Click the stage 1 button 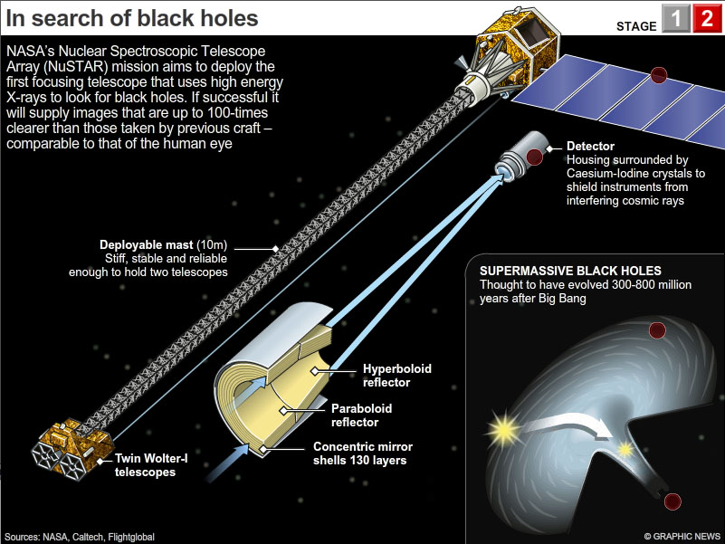(675, 19)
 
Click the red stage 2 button (706, 19)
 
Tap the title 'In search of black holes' (132, 18)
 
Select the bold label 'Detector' (590, 146)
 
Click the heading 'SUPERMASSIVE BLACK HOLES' (570, 271)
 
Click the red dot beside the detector (535, 157)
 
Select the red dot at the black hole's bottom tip (671, 501)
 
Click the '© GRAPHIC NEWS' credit (680, 536)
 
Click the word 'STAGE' (635, 25)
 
